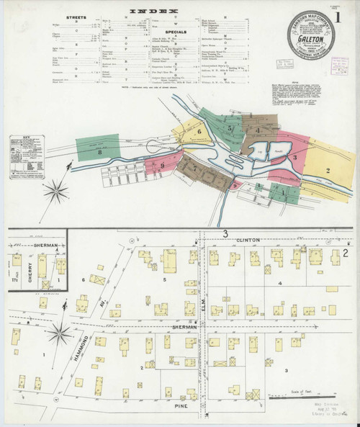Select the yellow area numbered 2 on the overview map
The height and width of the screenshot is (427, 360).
tap(327, 170)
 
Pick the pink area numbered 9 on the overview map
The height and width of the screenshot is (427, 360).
tap(163, 165)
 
